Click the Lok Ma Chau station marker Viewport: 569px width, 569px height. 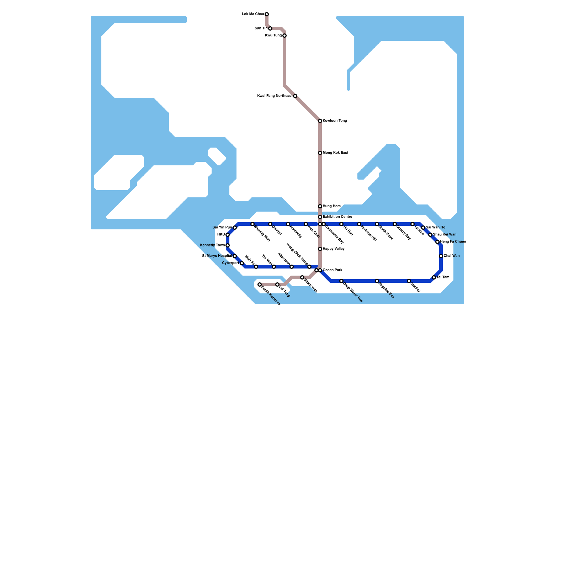click(x=267, y=14)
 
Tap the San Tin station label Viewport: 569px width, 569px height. click(x=261, y=28)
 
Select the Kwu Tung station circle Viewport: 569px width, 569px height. click(x=284, y=36)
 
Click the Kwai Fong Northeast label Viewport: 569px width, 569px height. click(x=275, y=96)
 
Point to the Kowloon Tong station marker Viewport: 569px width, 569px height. click(x=320, y=121)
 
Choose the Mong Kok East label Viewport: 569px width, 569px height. click(x=335, y=153)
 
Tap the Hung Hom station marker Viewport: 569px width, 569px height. click(x=320, y=206)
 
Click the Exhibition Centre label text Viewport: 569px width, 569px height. click(x=337, y=217)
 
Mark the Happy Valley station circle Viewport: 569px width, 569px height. click(x=320, y=249)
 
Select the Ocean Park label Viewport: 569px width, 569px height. click(x=333, y=270)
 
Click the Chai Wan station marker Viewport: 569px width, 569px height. click(x=441, y=256)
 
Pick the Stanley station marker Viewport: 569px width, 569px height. click(x=409, y=281)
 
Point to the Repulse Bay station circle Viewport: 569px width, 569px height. click(x=377, y=281)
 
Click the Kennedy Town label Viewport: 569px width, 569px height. click(x=212, y=245)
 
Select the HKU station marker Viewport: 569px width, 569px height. click(x=228, y=235)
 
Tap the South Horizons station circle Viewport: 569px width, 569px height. click(x=260, y=284)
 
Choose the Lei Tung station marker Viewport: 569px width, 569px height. click(x=277, y=284)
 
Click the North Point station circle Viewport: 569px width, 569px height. click(x=377, y=224)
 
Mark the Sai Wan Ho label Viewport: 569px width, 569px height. click(x=435, y=228)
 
